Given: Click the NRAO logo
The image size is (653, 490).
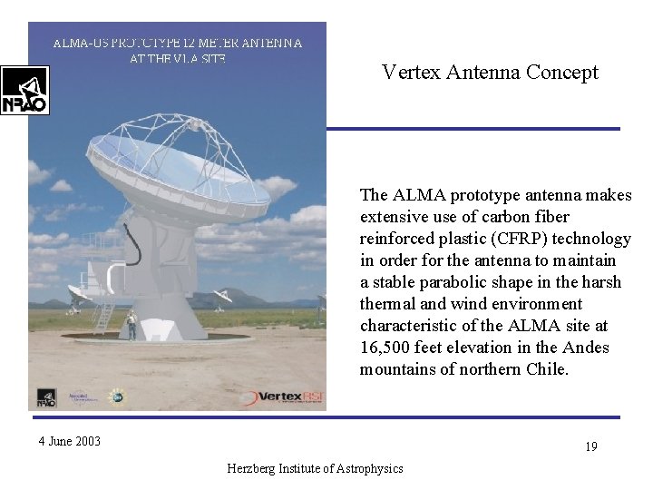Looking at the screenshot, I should pyautogui.click(x=24, y=90).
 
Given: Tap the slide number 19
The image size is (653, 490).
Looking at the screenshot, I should pyautogui.click(x=590, y=446).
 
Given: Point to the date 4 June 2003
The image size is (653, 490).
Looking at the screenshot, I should pyautogui.click(x=69, y=442).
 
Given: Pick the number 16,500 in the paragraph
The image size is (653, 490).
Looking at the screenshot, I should pyautogui.click(x=385, y=348).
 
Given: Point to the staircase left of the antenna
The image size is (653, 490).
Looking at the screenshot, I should pyautogui.click(x=103, y=314).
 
